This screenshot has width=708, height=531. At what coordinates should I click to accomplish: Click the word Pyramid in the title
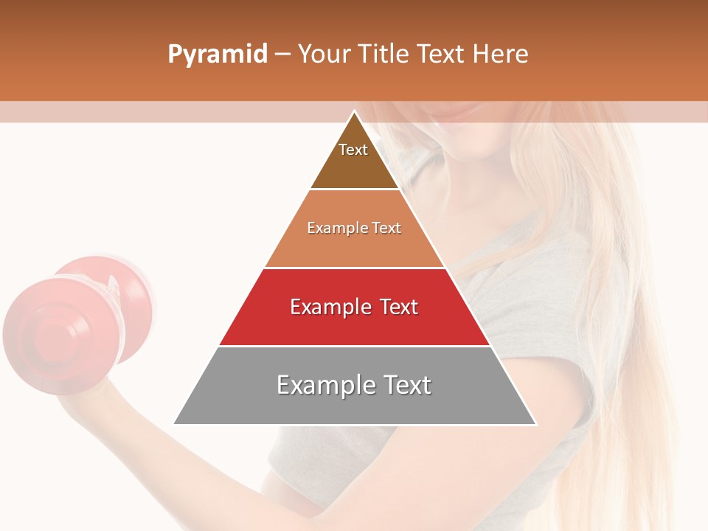(x=217, y=55)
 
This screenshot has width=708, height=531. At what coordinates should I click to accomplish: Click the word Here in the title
(x=500, y=54)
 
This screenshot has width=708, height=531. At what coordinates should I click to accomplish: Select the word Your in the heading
(x=322, y=54)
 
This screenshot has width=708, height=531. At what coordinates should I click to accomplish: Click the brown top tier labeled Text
(x=354, y=166)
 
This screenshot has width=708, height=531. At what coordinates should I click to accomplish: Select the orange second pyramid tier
(x=354, y=247)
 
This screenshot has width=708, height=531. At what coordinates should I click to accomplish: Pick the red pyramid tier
(x=354, y=324)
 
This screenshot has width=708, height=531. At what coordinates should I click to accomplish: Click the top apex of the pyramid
(x=355, y=112)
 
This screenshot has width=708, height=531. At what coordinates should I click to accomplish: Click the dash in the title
(x=282, y=55)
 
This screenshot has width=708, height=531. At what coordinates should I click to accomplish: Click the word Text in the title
(x=440, y=54)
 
